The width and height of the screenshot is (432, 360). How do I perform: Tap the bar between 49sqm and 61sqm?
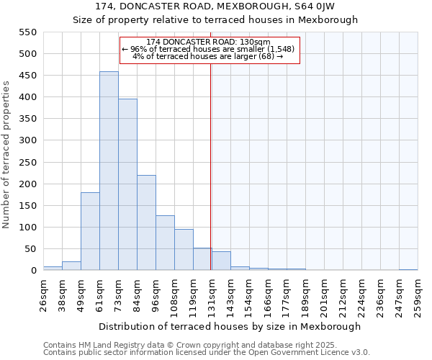tap(90, 231)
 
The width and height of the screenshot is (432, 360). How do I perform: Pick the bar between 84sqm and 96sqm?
tap(146, 222)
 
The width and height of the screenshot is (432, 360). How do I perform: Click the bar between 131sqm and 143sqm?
tap(221, 261)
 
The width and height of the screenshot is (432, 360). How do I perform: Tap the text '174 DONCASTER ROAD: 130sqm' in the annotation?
tap(208, 42)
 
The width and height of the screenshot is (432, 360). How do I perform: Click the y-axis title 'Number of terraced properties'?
tap(6, 155)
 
